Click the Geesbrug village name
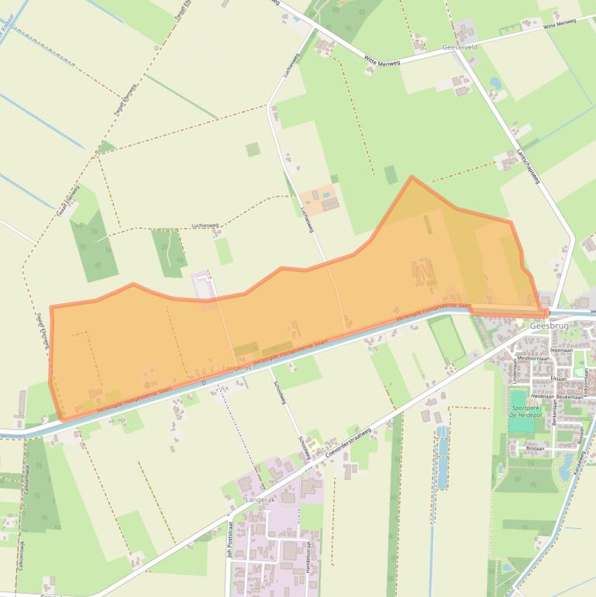coord(549,326)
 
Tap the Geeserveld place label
coord(460,47)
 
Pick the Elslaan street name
coord(560,378)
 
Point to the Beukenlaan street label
coord(568,395)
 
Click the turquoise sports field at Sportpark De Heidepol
coord(518,400)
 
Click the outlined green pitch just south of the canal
coord(447,340)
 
